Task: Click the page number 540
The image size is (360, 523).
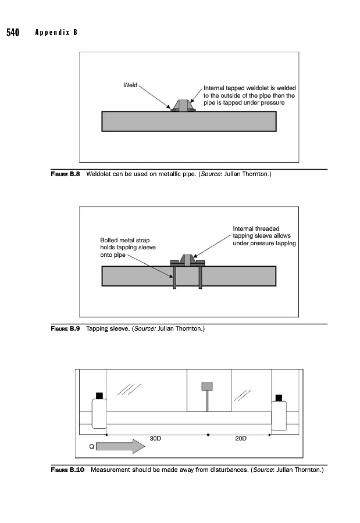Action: pyautogui.click(x=13, y=33)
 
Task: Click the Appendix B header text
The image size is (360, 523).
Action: pyautogui.click(x=56, y=32)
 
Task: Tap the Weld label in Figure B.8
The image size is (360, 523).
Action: pyautogui.click(x=130, y=85)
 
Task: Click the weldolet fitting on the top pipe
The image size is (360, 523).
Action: pyautogui.click(x=183, y=105)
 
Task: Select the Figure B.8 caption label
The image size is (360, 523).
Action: pyautogui.click(x=66, y=174)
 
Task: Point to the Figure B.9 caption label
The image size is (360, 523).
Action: pyautogui.click(x=66, y=328)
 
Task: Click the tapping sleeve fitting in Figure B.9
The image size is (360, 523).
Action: pyautogui.click(x=187, y=260)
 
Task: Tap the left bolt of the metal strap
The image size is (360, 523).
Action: pyautogui.click(x=174, y=277)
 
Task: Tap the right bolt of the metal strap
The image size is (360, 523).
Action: pyautogui.click(x=201, y=277)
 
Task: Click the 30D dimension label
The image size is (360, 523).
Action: pyautogui.click(x=155, y=438)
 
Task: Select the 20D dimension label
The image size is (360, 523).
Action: pyautogui.click(x=241, y=438)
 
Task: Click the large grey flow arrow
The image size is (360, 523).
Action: pyautogui.click(x=120, y=446)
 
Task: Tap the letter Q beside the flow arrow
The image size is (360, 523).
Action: pyautogui.click(x=91, y=446)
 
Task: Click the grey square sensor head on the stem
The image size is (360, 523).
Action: pyautogui.click(x=207, y=386)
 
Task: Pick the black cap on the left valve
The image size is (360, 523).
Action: pyautogui.click(x=99, y=396)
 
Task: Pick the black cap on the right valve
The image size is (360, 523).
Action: pyautogui.click(x=279, y=398)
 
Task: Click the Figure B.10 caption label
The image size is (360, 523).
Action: pyautogui.click(x=67, y=470)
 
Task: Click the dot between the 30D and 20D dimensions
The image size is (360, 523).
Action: pyautogui.click(x=208, y=435)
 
